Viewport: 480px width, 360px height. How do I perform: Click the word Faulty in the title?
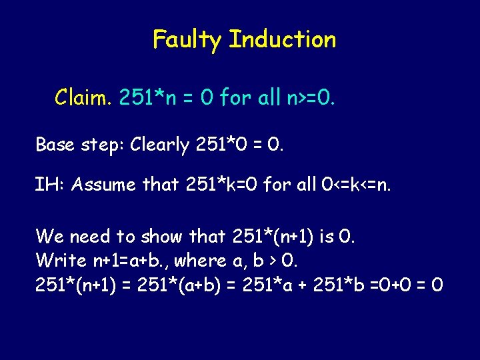pos(187,40)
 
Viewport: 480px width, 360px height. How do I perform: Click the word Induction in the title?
pos(282,39)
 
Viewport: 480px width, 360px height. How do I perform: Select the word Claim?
pos(83,99)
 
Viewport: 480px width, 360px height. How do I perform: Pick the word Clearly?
pos(161,144)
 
